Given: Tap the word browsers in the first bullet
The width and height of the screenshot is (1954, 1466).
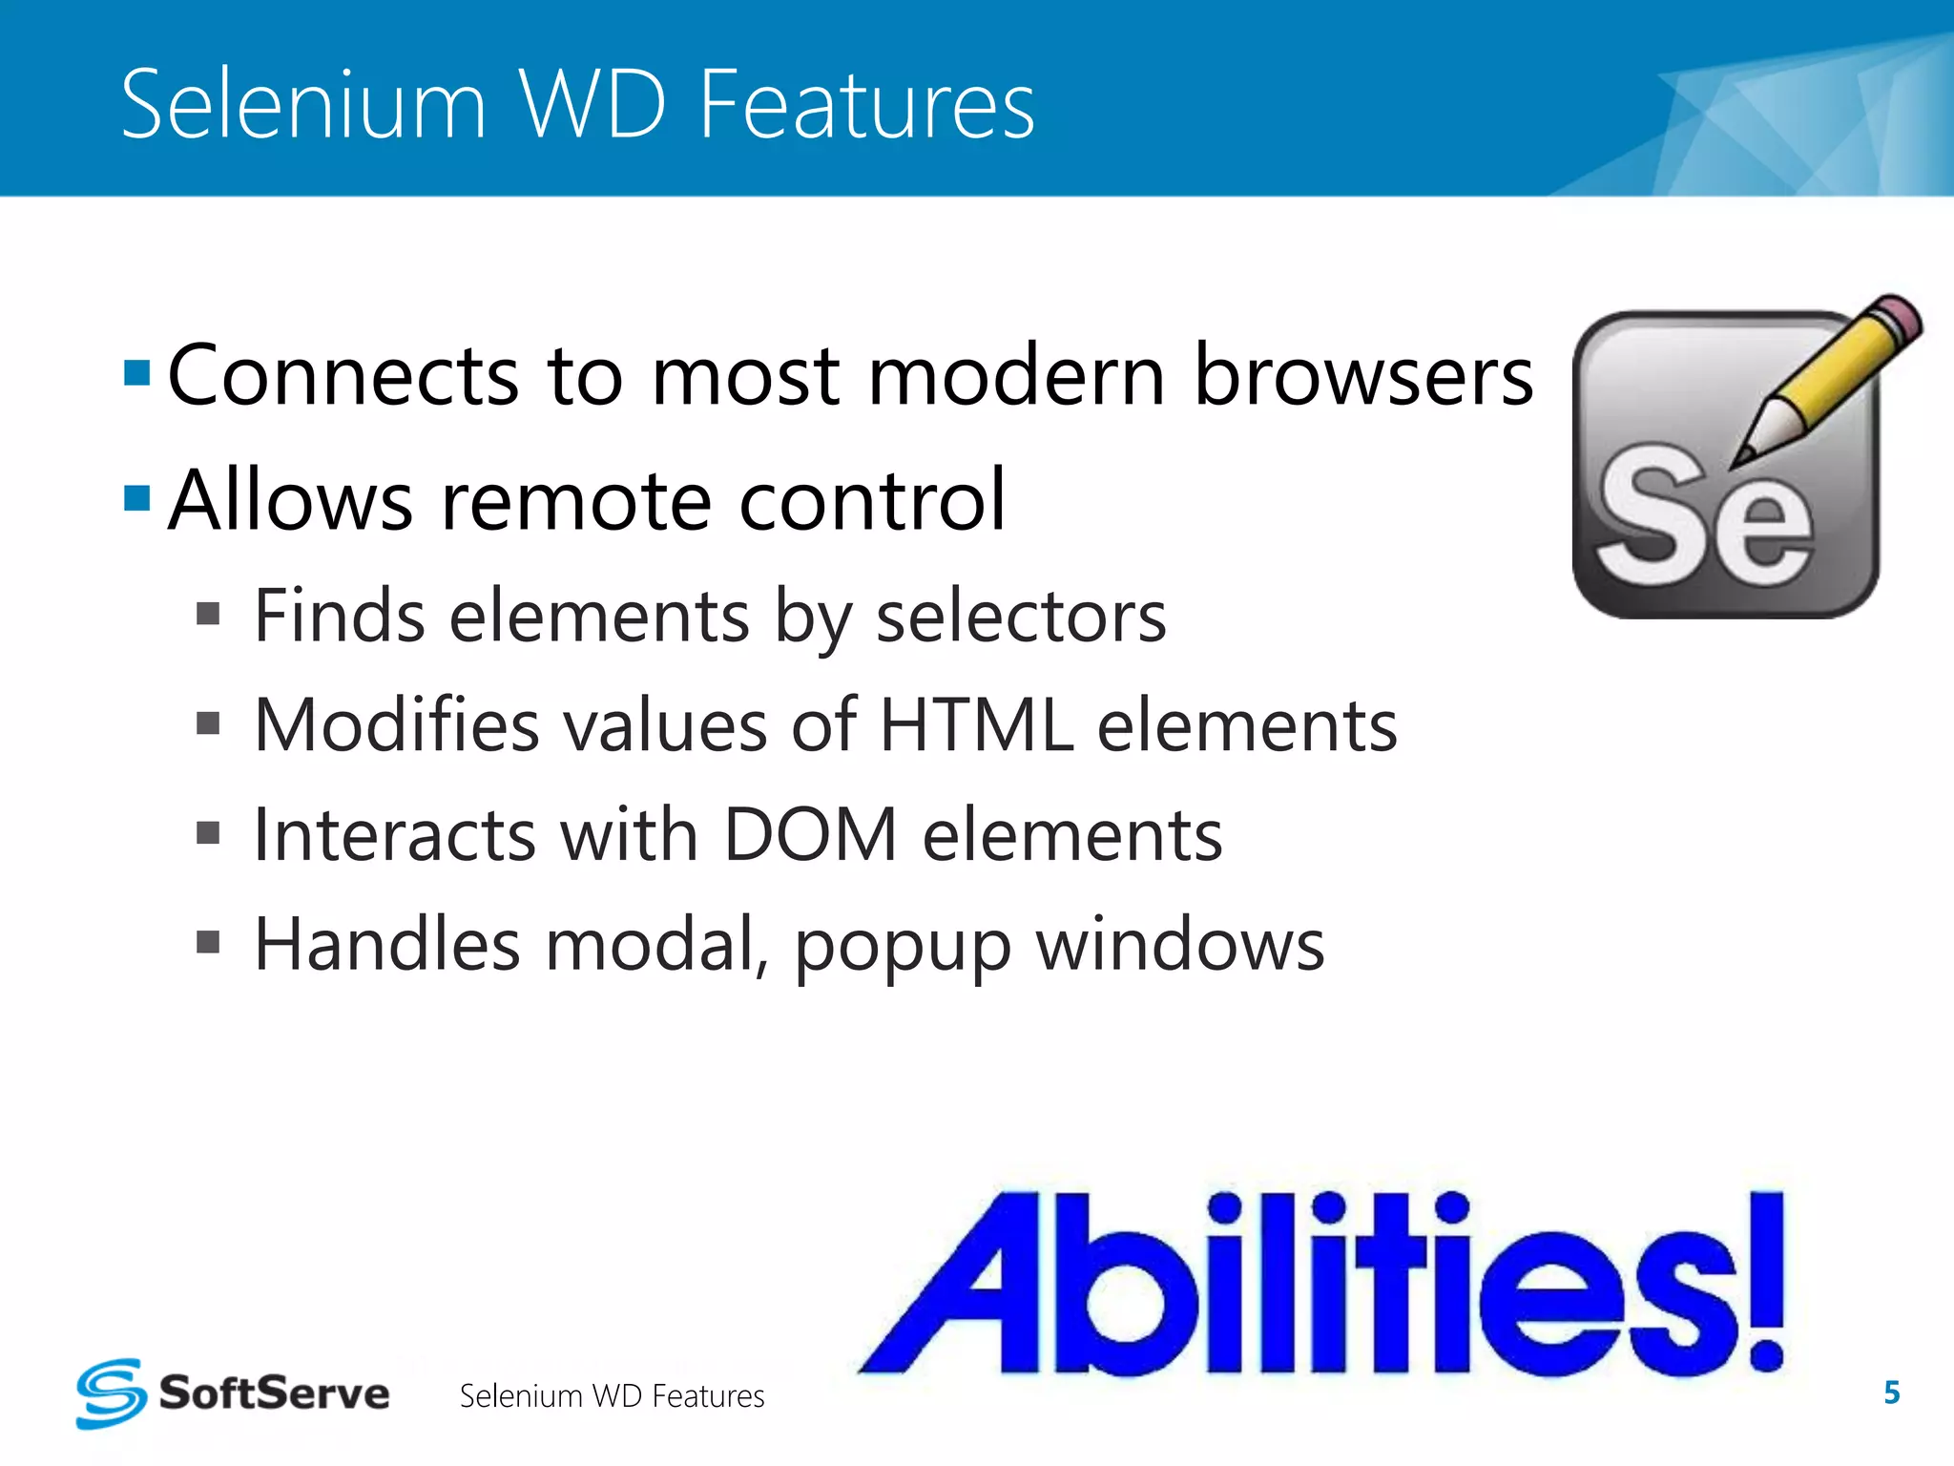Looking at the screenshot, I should pos(1363,375).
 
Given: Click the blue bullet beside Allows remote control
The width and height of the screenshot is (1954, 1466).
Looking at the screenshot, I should pos(137,498).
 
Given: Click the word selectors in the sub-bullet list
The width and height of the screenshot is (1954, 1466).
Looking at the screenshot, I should pos(1021,618).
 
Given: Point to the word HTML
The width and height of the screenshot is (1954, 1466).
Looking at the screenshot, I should pos(975,726).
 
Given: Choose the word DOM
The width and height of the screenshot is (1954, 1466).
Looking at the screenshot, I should pos(810,835).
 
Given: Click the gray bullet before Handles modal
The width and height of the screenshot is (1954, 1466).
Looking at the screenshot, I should pos(208,943).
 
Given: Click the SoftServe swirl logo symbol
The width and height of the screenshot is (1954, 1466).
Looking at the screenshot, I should pos(112,1393).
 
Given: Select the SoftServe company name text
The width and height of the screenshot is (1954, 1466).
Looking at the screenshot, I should pos(274,1393).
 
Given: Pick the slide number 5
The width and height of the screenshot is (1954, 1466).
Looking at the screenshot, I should pos(1891,1393).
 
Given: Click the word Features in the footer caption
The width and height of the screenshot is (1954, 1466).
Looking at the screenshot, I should pos(708,1396).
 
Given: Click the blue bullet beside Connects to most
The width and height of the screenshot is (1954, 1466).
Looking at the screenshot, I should pos(137,373).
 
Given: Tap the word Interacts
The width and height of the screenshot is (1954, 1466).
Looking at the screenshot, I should pos(395,835).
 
